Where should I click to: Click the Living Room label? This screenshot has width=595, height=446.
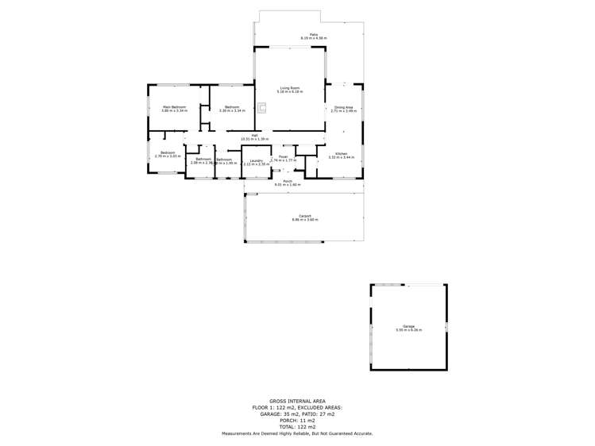tap(289, 87)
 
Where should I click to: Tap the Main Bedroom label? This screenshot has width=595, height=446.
tap(174, 106)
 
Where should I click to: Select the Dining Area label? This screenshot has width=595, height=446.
tap(344, 106)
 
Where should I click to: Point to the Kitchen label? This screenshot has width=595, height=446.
tap(341, 153)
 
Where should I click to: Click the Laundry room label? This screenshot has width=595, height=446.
tap(256, 160)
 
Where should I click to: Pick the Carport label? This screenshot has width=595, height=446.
tap(305, 215)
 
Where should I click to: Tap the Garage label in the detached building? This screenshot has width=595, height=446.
tap(409, 326)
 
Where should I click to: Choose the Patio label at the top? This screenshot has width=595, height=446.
tap(314, 34)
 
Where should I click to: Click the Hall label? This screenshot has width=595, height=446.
tap(254, 135)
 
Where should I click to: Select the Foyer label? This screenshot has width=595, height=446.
tap(283, 156)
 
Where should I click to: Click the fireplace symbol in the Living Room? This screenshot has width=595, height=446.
tap(262, 108)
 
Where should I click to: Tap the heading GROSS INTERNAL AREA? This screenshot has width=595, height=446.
tap(297, 402)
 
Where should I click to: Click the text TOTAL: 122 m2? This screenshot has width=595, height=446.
tap(297, 427)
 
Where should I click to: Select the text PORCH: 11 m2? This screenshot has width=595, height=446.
tap(297, 421)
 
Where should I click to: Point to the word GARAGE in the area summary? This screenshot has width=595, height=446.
tap(267, 414)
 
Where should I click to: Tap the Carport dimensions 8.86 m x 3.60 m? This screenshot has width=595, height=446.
tap(305, 219)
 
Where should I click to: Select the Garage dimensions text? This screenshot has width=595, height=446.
tap(409, 330)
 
